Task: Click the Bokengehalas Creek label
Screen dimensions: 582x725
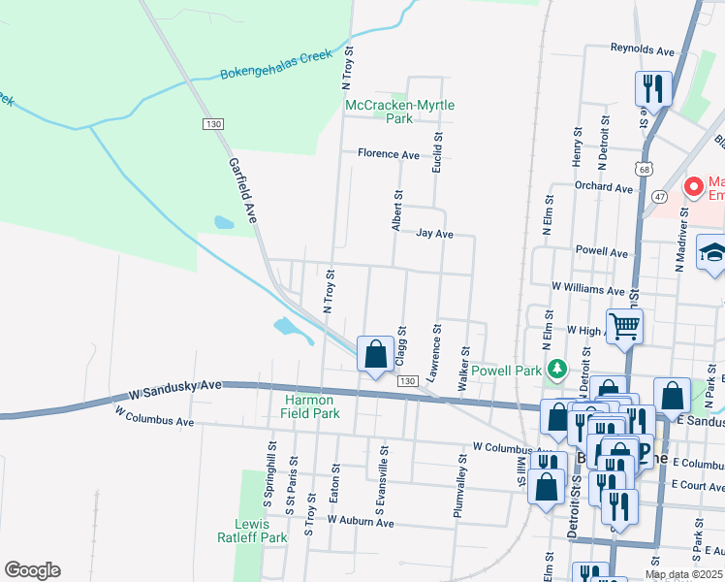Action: point(276,64)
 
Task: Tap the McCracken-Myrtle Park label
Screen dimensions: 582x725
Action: point(399,112)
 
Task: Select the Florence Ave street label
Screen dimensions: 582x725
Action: point(388,154)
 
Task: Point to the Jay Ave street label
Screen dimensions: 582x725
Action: point(435,234)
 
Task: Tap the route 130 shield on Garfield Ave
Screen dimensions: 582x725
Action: point(213,124)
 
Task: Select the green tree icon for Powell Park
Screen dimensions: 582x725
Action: point(556,370)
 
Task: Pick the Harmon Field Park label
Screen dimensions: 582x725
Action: point(312,406)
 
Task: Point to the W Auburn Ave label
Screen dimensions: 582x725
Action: point(361,522)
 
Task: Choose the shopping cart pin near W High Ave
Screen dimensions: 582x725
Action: point(625,326)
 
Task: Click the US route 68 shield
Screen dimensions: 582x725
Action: point(645,169)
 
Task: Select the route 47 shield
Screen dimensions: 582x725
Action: point(660,197)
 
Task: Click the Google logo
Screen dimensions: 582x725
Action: point(32,570)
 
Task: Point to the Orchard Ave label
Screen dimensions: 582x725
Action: point(602,187)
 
